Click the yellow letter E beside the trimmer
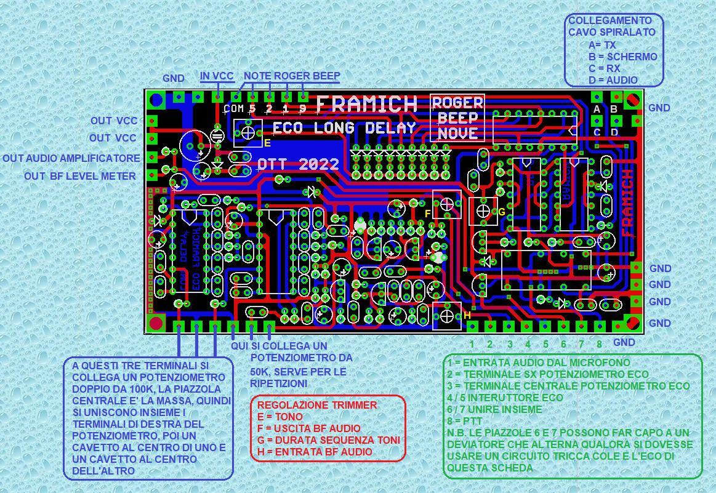point(267,143)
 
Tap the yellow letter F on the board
point(428,213)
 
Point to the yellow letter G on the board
point(502,212)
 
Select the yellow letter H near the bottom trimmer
point(467,315)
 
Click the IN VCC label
point(217,76)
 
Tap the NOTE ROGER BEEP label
point(292,76)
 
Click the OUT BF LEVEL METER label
point(80,177)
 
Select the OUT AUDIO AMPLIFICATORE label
point(71,159)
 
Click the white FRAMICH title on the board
point(367,105)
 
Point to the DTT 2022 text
point(299,164)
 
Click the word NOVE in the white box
point(457,133)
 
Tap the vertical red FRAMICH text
point(627,203)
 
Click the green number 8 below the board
point(599,344)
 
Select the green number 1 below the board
point(472,344)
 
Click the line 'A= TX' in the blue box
point(601,45)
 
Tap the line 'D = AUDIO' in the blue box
point(613,80)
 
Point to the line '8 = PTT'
point(467,421)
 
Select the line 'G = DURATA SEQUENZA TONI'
point(328,440)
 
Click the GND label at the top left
point(174,79)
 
